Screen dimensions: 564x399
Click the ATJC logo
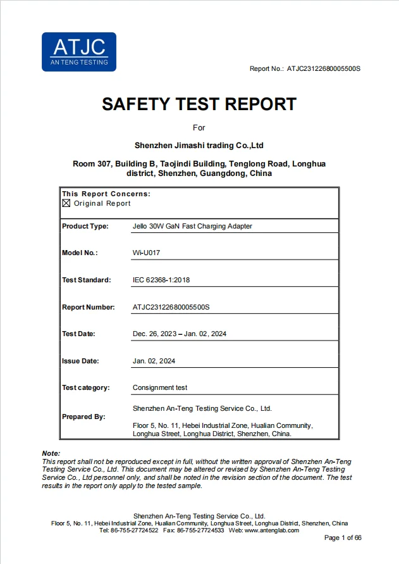[x=79, y=51]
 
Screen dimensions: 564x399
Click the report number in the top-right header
[x=323, y=68]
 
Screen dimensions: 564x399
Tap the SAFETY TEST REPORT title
[x=199, y=104]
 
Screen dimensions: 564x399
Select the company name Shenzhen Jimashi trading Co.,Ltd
[x=199, y=146]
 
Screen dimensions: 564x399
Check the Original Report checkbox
[x=66, y=203]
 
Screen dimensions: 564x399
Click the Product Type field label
[x=85, y=226]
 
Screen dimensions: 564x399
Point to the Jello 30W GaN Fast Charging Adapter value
[x=192, y=226]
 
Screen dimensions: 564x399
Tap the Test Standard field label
[x=86, y=280]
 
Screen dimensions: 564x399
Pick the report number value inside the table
[x=171, y=307]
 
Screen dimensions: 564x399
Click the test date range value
[x=179, y=334]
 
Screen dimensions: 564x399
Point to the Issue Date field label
[x=80, y=361]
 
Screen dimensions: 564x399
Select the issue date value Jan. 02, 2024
[x=154, y=361]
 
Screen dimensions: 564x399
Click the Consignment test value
[x=159, y=387]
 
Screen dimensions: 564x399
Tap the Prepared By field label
[x=83, y=417]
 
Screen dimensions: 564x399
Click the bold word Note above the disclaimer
[x=51, y=453]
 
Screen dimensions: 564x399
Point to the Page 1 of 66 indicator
[x=343, y=538]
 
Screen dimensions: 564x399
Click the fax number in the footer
[x=202, y=530]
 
